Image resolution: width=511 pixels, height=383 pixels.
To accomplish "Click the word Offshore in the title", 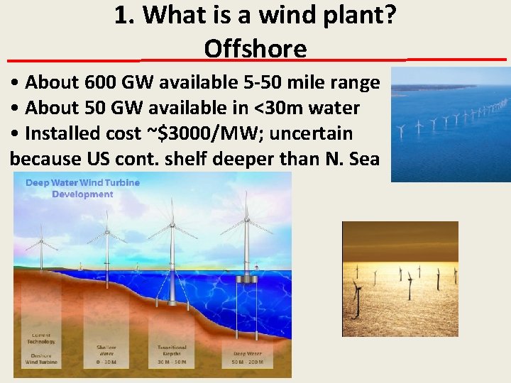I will pos(255,48).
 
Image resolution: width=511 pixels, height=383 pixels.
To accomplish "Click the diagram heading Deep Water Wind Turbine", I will pos(83,183).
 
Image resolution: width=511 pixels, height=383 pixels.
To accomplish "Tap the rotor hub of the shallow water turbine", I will pos(106,232).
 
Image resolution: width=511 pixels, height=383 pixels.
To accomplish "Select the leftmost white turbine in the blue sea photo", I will pos(400,131).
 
